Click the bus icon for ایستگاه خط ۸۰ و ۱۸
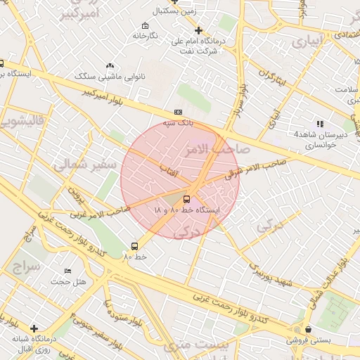[187, 198]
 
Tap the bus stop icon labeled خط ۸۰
[134, 246]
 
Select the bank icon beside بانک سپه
[178, 112]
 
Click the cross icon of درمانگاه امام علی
[199, 30]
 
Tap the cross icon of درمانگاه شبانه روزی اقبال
[34, 328]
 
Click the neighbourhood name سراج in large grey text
[26, 268]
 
